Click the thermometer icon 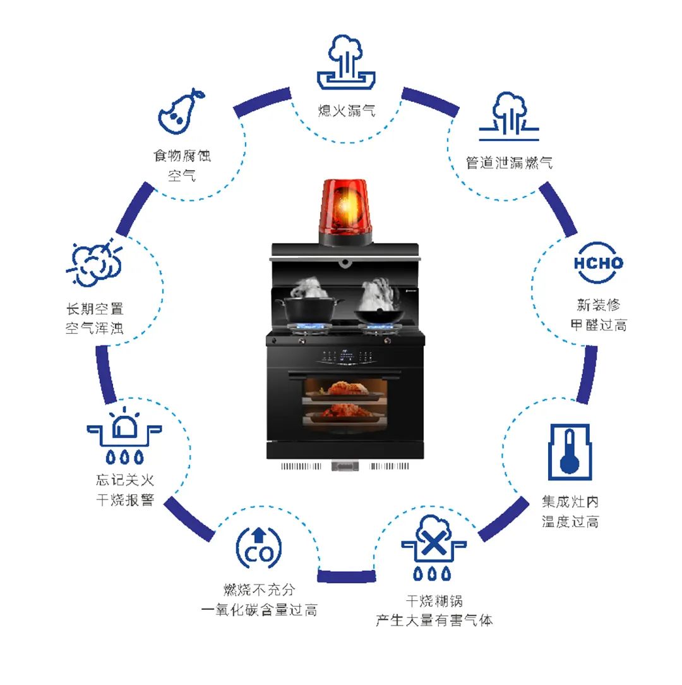coord(569,451)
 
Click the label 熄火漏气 coord(347,111)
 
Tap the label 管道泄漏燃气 coord(509,162)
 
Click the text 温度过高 coord(570,522)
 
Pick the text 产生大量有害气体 coord(434,620)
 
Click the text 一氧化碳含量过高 coord(259,610)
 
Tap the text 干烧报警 coord(126,500)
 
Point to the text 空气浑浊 coord(95,329)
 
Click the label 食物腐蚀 coord(182,155)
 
